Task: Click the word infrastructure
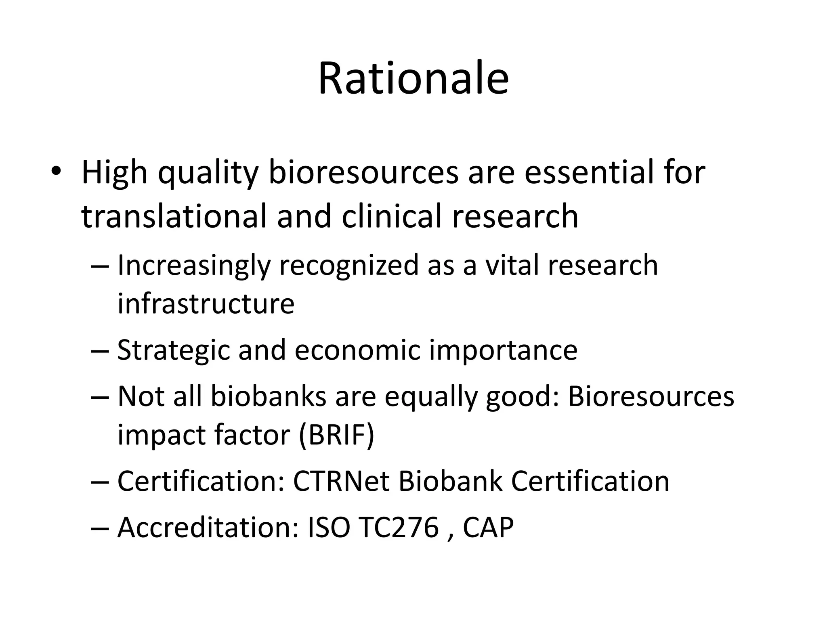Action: click(206, 304)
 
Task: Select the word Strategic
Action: click(173, 350)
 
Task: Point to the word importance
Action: click(503, 350)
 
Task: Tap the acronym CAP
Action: click(488, 527)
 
